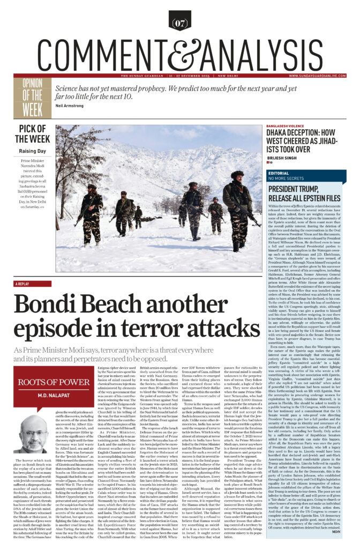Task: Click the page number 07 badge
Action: click(180, 23)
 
